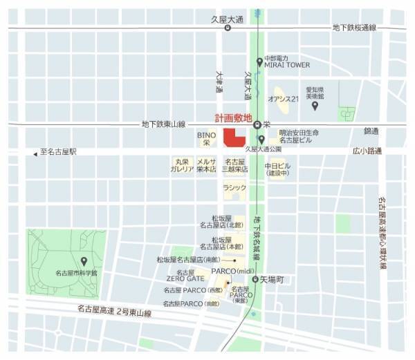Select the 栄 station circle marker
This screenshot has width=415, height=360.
tap(257, 125)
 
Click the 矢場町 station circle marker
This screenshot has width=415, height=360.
tap(255, 279)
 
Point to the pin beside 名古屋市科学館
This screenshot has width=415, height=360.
tap(84, 261)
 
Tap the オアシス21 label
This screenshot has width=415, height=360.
tap(283, 99)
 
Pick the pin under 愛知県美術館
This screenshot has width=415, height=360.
tap(315, 106)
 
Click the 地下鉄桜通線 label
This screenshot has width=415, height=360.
tap(353, 28)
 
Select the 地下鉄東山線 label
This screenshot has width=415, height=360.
tap(164, 124)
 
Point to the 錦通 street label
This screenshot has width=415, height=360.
tap(372, 130)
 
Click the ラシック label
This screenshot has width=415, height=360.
tap(234, 187)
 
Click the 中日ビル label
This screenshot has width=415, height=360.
tap(277, 169)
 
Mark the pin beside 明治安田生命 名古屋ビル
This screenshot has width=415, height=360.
tap(262, 140)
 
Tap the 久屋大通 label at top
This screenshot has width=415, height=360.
tap(228, 21)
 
